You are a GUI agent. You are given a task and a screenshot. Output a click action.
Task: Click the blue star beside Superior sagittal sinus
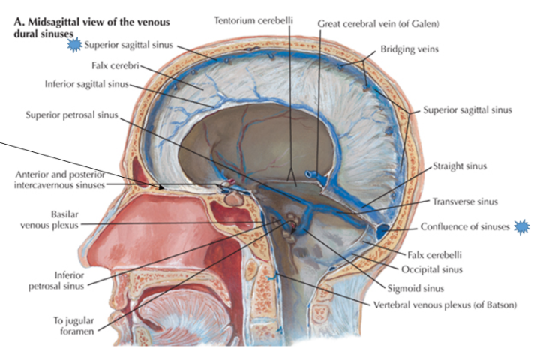74,46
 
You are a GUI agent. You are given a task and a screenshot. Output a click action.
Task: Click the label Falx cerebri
112,64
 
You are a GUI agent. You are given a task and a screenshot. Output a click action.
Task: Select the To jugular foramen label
73,324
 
